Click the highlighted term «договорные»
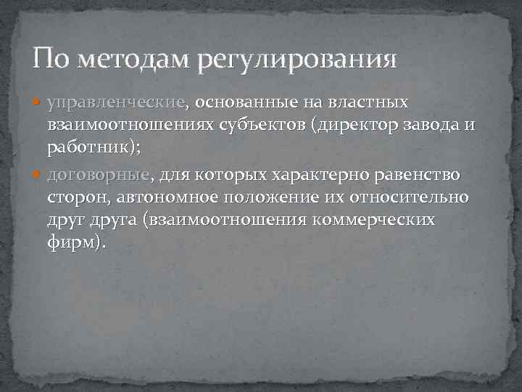click(99, 176)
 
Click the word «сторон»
click(77, 197)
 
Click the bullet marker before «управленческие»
click(39, 103)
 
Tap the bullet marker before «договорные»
click(39, 176)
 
